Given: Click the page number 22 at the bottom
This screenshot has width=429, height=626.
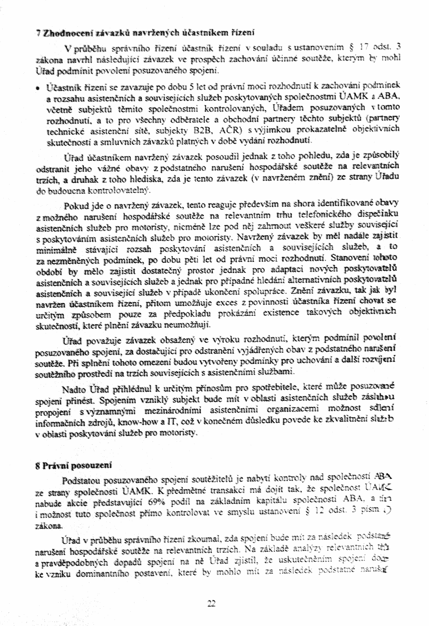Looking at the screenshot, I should [212, 604].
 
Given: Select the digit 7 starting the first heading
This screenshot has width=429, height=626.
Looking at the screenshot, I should [37, 33].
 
